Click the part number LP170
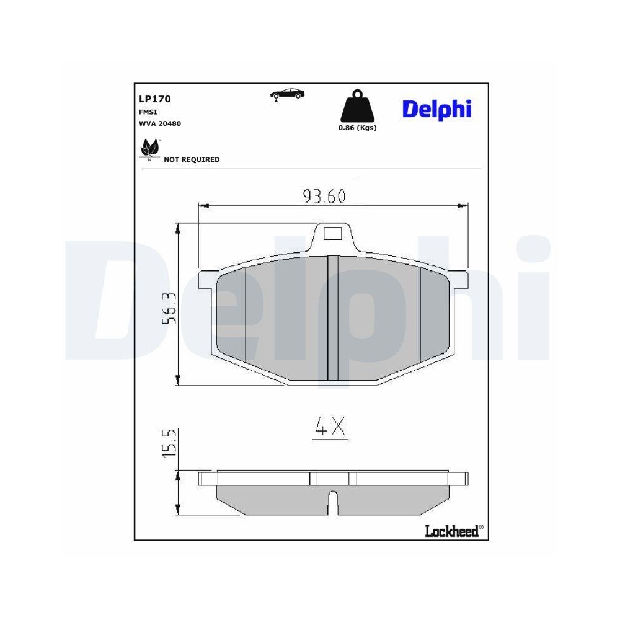(x=155, y=99)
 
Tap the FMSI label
(x=147, y=112)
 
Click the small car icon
(x=287, y=94)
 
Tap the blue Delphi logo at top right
(x=437, y=109)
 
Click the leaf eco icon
(x=149, y=149)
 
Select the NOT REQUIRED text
(x=192, y=159)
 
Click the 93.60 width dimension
(x=324, y=196)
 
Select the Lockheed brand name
(x=452, y=531)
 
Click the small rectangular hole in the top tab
(x=333, y=234)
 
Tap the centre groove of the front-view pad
(x=333, y=317)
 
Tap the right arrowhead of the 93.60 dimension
(x=464, y=205)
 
